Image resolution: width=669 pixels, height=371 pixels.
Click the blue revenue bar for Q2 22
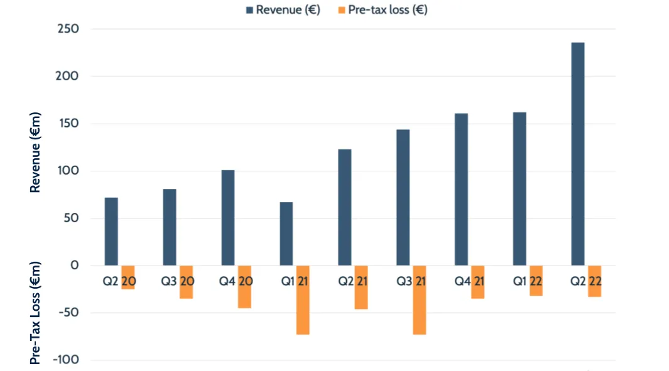click(x=577, y=154)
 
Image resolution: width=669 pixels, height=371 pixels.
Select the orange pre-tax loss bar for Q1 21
click(x=303, y=300)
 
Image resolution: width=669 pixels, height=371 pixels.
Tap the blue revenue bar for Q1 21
click(x=286, y=234)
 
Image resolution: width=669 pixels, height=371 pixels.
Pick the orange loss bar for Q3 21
click(x=420, y=300)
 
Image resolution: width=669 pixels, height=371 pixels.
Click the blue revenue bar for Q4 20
click(x=227, y=217)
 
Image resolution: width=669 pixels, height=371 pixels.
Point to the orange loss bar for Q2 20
click(x=128, y=277)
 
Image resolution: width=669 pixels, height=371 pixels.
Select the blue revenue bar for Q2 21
click(x=344, y=207)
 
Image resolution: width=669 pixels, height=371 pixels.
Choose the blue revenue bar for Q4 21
click(x=461, y=189)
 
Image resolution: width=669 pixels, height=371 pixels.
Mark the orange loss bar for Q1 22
click(x=536, y=281)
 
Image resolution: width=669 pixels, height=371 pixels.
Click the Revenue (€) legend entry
click(x=283, y=9)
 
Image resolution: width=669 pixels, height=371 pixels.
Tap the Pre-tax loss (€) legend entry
click(x=384, y=9)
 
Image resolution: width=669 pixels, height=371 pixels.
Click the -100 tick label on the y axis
click(x=66, y=360)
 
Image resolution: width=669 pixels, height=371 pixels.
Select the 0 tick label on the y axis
click(x=75, y=266)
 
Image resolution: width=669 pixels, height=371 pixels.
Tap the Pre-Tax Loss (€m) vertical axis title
click(x=36, y=312)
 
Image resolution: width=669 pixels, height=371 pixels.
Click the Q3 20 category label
click(x=177, y=282)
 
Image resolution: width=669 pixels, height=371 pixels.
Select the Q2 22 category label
click(x=586, y=282)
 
